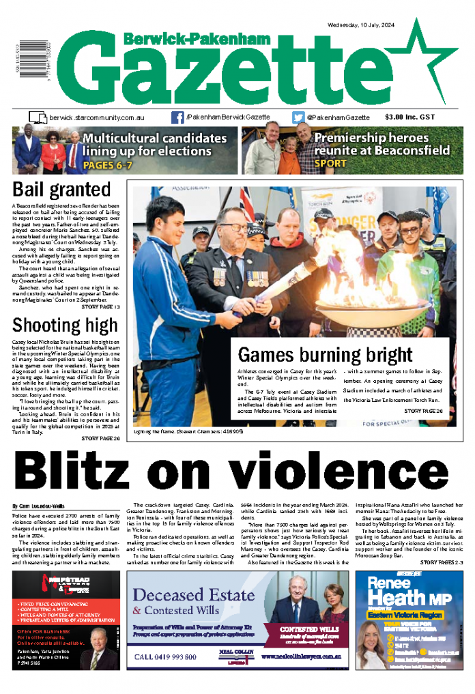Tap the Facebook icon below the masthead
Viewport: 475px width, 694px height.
[x=177, y=117]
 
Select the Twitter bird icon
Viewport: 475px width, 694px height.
[x=298, y=117]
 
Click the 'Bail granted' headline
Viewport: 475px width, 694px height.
[x=61, y=189]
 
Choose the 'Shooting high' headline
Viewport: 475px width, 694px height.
[x=65, y=323]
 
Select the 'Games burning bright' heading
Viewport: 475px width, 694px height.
[x=325, y=355]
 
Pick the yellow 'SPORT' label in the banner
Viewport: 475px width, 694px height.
[x=330, y=164]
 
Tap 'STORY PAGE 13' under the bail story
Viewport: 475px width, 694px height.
[x=101, y=308]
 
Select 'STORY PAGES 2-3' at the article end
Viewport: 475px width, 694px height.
[x=441, y=562]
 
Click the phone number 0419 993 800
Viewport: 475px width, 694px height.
[x=167, y=657]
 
